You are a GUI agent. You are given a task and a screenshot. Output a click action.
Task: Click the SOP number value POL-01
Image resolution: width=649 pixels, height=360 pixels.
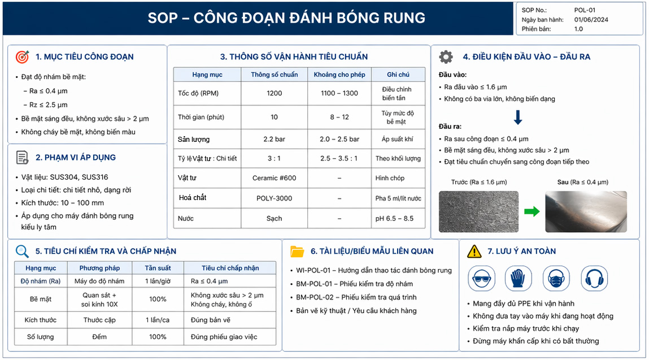point(585,10)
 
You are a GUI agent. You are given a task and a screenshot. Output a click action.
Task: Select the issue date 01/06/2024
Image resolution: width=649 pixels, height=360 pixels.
point(591,19)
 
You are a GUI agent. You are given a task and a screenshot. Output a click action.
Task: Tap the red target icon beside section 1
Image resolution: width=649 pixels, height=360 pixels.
point(23,57)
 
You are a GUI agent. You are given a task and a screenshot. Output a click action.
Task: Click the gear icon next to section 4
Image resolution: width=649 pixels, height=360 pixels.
point(446,57)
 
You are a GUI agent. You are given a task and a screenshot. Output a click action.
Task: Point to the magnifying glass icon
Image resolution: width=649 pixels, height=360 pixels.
point(22,251)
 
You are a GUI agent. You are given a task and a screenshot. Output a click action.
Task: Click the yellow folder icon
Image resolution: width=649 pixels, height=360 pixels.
point(297,251)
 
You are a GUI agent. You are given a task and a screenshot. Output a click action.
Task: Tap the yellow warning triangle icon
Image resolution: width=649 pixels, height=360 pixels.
point(474,251)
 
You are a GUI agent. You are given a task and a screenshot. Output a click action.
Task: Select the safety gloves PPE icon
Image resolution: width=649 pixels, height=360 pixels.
point(518,279)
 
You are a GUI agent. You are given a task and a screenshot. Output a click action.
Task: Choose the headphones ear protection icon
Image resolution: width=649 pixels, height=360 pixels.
point(594,279)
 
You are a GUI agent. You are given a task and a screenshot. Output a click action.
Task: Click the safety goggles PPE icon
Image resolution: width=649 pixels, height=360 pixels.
point(481,279)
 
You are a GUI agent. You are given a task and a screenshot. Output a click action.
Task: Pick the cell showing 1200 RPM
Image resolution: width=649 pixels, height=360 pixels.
point(275,93)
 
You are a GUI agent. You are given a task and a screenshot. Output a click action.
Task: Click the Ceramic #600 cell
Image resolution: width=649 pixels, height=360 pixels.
point(275,177)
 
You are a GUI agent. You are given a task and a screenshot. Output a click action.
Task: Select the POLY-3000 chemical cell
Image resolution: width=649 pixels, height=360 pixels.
point(275,198)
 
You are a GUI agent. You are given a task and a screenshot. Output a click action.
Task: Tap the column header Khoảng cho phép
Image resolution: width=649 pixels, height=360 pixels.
point(339,75)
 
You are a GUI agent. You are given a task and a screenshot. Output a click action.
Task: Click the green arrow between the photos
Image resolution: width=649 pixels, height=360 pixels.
point(532,212)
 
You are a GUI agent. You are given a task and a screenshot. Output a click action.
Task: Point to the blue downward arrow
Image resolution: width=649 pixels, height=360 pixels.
point(518,117)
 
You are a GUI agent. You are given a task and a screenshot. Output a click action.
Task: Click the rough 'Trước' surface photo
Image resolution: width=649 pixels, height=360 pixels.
point(478,211)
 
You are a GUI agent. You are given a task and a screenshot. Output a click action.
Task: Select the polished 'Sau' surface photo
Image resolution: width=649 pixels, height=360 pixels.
point(586,211)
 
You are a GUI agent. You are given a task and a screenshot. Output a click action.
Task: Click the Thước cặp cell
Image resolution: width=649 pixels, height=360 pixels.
point(100,320)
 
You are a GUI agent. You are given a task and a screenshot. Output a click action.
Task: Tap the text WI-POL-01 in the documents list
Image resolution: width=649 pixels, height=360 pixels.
point(313,270)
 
